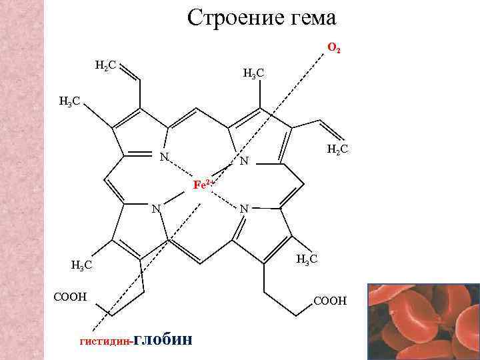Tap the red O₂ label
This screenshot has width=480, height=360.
click(x=334, y=49)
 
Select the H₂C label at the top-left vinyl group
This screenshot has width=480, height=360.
click(x=105, y=65)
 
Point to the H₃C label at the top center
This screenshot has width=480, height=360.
click(x=255, y=73)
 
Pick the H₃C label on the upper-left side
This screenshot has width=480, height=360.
click(x=69, y=102)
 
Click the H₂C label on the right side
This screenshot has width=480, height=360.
click(x=337, y=152)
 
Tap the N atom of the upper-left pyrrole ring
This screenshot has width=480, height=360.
click(x=163, y=157)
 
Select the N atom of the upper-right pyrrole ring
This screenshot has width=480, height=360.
click(x=244, y=161)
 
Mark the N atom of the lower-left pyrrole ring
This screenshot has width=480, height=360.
click(x=155, y=208)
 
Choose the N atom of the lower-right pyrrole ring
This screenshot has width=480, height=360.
click(x=244, y=209)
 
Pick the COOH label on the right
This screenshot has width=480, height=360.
click(x=329, y=301)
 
